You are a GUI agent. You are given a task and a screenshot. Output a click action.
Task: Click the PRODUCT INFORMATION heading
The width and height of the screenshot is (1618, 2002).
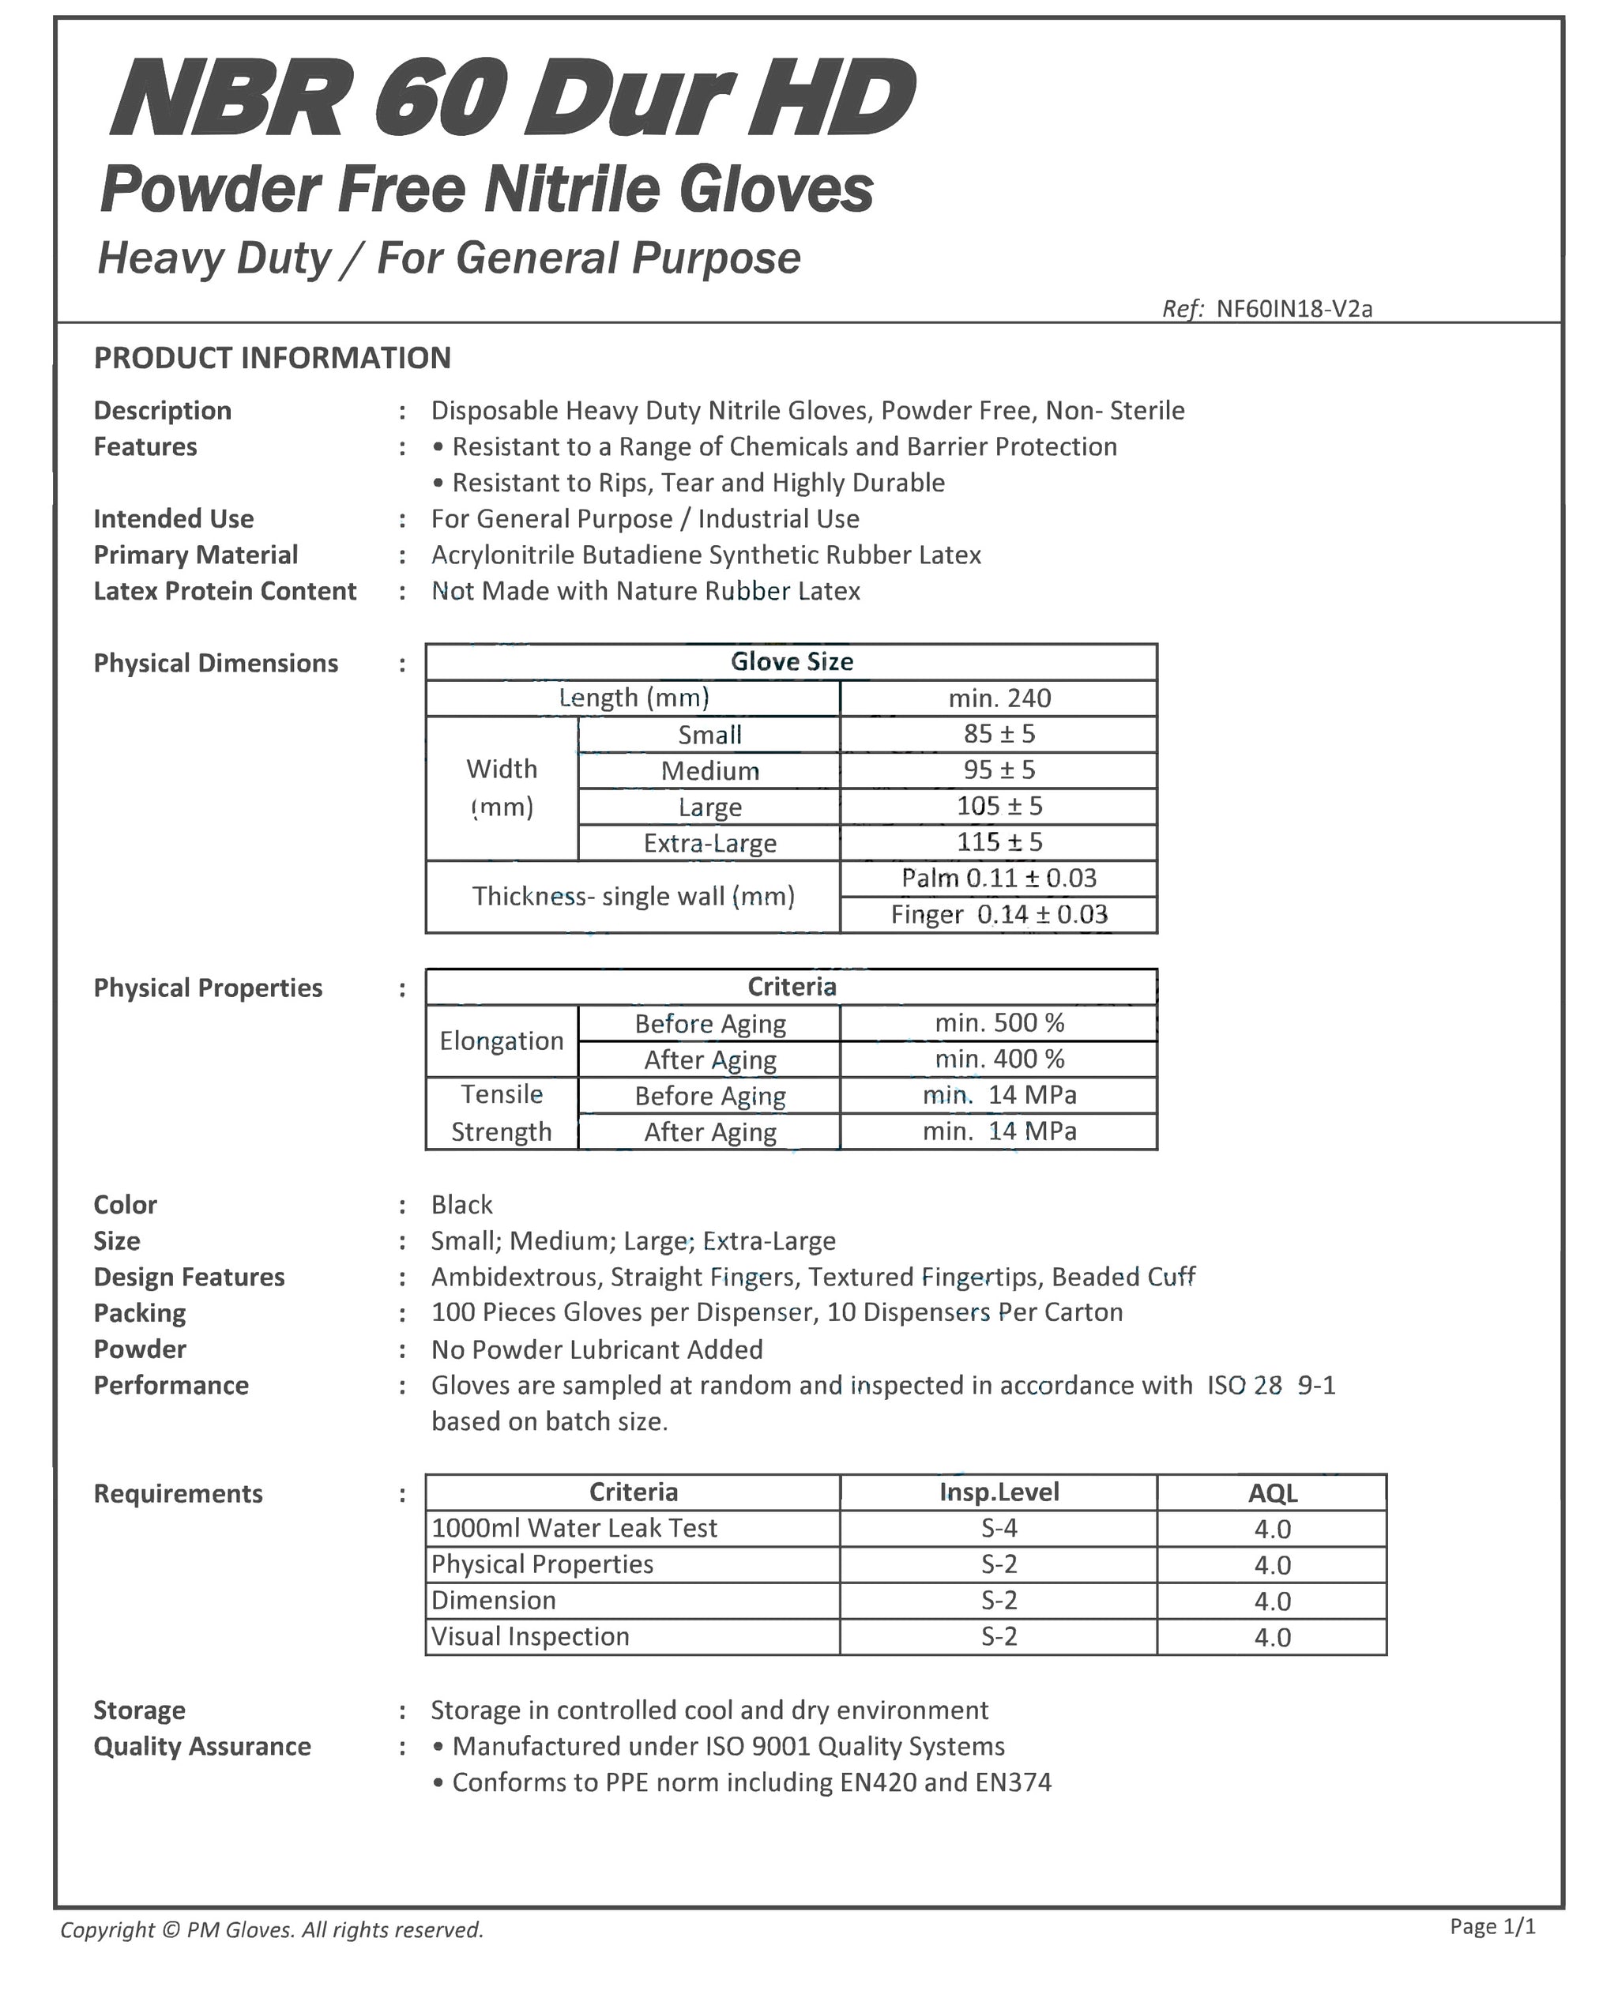(272, 358)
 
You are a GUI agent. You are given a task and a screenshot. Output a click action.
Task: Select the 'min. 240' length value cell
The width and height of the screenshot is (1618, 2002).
(999, 698)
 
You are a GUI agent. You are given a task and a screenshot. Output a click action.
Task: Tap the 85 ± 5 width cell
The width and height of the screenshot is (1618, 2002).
(999, 735)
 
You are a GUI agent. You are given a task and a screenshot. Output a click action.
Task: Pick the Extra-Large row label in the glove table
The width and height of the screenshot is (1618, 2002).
(709, 842)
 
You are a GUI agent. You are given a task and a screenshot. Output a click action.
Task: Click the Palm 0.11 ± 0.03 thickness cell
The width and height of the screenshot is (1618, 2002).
(999, 878)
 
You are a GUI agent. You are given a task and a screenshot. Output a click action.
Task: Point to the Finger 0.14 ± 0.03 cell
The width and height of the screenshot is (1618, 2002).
(999, 914)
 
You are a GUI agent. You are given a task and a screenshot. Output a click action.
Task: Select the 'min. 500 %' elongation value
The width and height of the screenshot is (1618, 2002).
(999, 1022)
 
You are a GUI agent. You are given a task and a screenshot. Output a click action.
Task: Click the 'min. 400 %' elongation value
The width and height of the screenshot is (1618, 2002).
(999, 1059)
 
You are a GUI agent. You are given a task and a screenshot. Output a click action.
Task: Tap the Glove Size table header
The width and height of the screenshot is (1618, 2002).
(792, 662)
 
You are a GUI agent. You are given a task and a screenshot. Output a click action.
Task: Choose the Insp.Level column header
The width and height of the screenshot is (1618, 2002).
(999, 1492)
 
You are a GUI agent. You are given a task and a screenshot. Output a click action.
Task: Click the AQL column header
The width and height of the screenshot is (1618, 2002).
(1272, 1493)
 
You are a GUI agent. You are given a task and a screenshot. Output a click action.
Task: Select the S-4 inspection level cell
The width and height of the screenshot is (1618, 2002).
(999, 1529)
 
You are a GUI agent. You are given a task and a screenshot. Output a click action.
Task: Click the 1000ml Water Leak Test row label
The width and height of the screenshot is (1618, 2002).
(574, 1529)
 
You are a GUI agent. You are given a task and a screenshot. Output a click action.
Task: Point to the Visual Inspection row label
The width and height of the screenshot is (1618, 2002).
(530, 1637)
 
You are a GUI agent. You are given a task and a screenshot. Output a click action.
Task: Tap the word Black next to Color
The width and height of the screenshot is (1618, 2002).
(461, 1205)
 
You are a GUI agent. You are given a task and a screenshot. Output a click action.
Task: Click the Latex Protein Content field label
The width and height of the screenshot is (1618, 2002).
(224, 591)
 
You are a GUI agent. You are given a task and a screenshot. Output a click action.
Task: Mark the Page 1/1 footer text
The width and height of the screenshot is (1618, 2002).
(1492, 1926)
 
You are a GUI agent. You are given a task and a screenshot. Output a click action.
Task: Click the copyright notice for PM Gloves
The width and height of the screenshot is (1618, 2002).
(272, 1929)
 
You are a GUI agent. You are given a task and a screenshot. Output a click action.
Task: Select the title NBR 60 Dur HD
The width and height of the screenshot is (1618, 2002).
(513, 98)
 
